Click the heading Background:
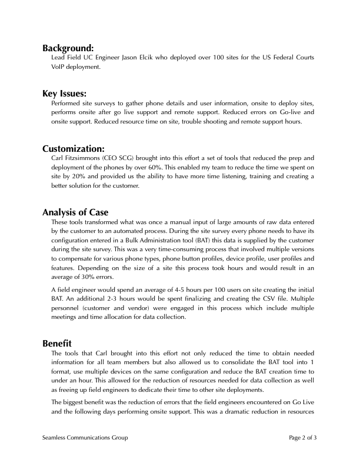68,48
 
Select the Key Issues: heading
65,94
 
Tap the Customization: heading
74,148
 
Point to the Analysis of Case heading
75,212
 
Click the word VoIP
59,66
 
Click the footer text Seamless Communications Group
85,438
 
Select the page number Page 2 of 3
303,438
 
